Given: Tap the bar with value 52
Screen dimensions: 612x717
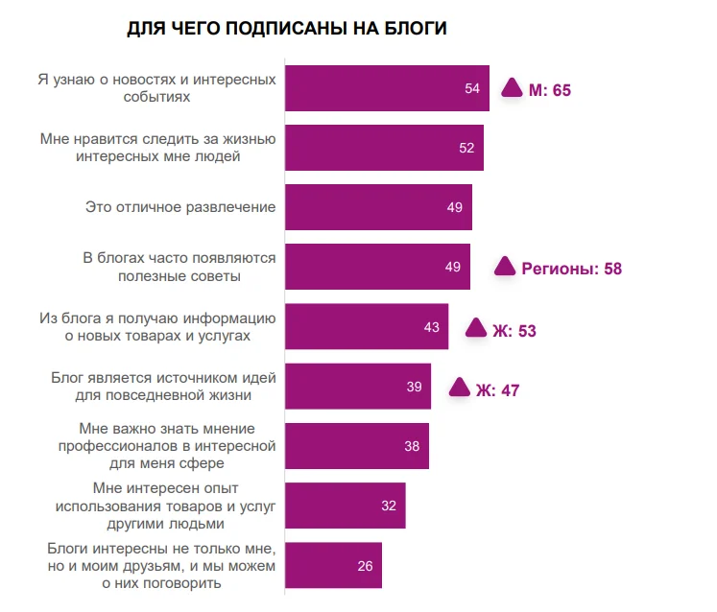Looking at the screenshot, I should (384, 148).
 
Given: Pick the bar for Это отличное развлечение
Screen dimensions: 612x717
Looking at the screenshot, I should (379, 207).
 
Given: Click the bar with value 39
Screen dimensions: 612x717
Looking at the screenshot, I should (358, 387).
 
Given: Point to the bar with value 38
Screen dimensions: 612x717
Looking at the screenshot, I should (357, 446).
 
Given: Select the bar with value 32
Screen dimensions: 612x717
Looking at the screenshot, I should (346, 506).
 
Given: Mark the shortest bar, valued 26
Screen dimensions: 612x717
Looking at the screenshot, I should (334, 565).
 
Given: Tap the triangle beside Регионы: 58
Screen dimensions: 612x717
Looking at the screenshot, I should (505, 267).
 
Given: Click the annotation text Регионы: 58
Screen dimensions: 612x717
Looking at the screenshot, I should (571, 269).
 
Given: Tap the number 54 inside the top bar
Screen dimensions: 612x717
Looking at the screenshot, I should (472, 89).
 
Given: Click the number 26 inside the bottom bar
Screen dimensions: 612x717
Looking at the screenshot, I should (365, 566).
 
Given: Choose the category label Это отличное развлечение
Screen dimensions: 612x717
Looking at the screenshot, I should (180, 206).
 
